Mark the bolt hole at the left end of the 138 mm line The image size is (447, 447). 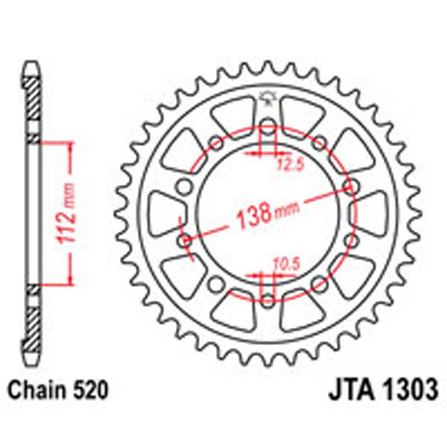[x=186, y=241]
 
